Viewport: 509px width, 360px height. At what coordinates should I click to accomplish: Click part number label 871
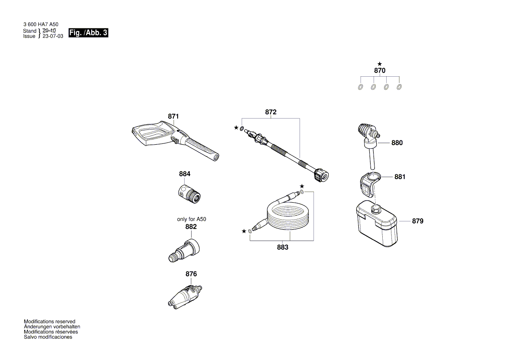tap(173, 116)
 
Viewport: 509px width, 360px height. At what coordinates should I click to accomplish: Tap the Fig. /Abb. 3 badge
tap(88, 33)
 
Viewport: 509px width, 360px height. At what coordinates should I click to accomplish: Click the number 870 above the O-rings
tap(380, 70)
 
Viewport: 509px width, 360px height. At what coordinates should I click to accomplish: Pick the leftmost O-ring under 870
tap(360, 87)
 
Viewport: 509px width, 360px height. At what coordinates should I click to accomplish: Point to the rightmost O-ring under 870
tap(399, 87)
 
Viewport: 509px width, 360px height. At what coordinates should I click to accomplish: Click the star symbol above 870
tap(380, 64)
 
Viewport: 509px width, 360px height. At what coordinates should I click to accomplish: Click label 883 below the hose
tap(283, 247)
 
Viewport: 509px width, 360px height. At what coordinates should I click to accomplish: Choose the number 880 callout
tap(397, 143)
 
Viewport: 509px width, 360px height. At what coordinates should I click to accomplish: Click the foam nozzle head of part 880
tap(365, 130)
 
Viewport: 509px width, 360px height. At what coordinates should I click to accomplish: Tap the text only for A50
tap(191, 219)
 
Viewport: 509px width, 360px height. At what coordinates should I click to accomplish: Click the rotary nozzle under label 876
tap(185, 296)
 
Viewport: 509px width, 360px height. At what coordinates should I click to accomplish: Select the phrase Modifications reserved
tap(49, 321)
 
